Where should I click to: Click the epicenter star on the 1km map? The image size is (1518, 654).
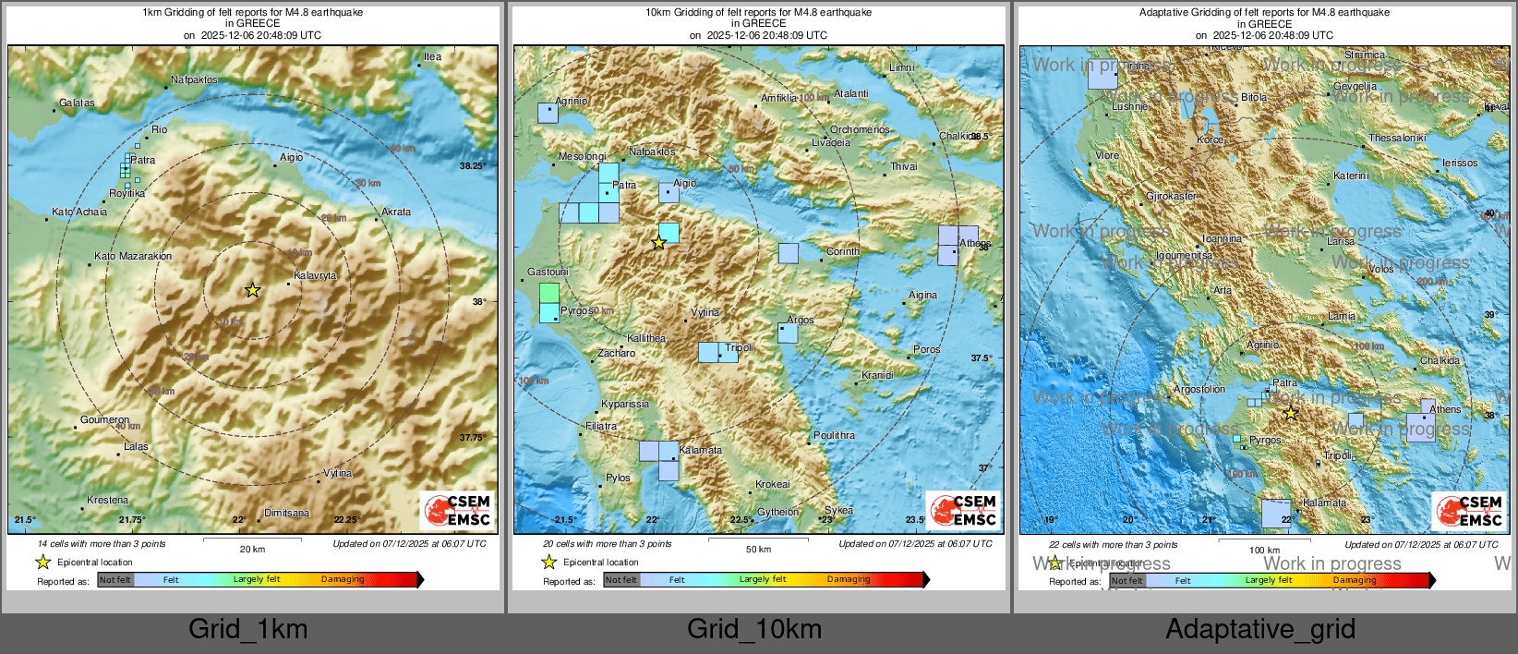point(252,290)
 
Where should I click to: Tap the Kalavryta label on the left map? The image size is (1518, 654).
point(315,275)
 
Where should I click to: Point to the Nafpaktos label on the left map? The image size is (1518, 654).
point(194,79)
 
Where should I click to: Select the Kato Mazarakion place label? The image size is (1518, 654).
point(133,256)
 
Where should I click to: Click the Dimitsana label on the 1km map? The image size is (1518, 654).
point(286,513)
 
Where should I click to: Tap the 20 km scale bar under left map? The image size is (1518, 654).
point(252,539)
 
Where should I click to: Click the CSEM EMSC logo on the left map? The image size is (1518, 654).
point(458,510)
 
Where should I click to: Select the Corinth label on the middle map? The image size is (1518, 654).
point(842,251)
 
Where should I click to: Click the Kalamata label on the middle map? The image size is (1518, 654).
point(700,450)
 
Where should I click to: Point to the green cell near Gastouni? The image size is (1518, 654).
point(548,293)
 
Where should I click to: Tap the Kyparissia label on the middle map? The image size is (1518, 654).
point(624,404)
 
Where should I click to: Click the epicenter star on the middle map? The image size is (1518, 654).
point(658,243)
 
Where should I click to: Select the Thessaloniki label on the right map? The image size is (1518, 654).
point(1396,138)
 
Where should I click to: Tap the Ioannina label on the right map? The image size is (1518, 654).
point(1222,238)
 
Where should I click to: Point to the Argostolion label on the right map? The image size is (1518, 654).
point(1199,389)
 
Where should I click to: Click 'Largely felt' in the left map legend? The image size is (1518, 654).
point(256,579)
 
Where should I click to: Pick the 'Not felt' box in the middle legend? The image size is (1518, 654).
point(621,579)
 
